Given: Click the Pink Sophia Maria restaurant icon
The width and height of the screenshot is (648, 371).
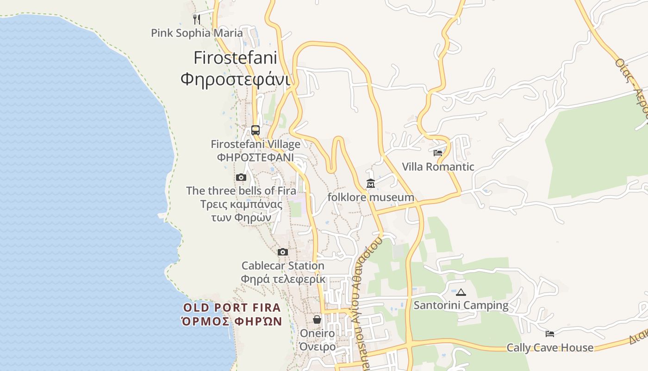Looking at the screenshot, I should click(197, 19).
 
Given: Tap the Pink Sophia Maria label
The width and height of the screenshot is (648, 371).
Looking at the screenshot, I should click(197, 33).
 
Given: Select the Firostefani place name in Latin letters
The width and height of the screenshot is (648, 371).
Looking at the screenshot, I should click(235, 58).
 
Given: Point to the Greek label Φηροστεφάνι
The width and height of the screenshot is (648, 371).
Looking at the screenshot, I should click(235, 79).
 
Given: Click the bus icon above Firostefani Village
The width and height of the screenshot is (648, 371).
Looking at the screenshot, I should click(255, 130).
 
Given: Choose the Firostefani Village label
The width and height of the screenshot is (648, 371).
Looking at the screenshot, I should click(255, 144).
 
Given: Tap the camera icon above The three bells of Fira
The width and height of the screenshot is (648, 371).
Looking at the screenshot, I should click(241, 177).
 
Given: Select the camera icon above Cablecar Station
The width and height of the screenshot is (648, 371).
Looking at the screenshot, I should click(283, 252).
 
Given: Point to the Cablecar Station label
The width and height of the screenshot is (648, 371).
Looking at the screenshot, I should click(283, 266).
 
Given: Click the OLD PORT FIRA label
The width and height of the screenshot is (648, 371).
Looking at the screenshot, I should click(232, 307).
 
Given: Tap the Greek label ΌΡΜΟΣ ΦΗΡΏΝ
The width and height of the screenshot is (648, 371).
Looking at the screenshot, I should click(232, 321).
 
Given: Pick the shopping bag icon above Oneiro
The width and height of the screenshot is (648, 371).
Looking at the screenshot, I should click(317, 320).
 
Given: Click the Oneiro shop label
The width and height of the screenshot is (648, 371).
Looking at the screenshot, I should click(317, 333).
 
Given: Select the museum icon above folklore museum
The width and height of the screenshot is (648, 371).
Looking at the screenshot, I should click(371, 184).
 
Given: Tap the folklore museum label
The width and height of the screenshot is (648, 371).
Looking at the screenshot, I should click(371, 198).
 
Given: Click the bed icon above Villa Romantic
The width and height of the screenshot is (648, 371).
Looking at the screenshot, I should click(438, 153).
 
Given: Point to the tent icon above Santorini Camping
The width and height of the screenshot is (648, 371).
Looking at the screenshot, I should click(461, 292).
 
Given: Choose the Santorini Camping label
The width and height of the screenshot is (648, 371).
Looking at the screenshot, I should click(461, 306).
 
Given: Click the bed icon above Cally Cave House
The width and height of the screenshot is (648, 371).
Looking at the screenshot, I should click(550, 334).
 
